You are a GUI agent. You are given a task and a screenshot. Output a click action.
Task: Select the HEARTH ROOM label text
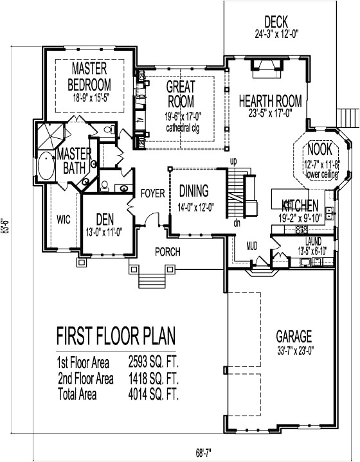point(266,101)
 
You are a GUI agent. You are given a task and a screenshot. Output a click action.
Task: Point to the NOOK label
point(319,148)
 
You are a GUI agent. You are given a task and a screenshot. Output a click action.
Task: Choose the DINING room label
point(194,190)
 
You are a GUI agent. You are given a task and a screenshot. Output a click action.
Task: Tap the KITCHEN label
point(300,206)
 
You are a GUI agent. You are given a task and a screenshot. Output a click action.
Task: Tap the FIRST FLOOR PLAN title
point(116,336)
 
